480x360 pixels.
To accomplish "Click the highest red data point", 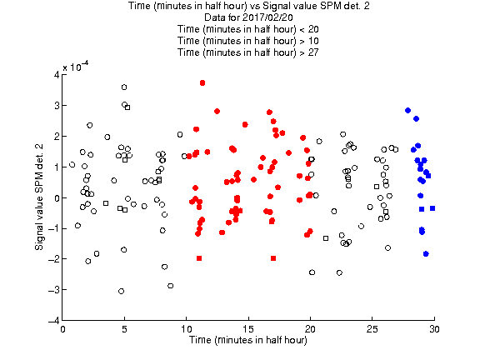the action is pyautogui.click(x=202, y=83).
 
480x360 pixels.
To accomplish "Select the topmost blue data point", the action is pyautogui.click(x=407, y=111).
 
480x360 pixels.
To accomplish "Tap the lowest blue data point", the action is pyautogui.click(x=426, y=254).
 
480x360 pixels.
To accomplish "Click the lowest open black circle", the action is pyautogui.click(x=121, y=291).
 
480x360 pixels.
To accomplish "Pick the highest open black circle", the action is pyautogui.click(x=124, y=87).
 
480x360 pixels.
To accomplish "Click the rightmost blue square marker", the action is pyautogui.click(x=432, y=208).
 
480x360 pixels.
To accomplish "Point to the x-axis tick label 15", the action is pyautogui.click(x=248, y=329).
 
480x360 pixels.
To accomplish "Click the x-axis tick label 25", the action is pyautogui.click(x=372, y=329).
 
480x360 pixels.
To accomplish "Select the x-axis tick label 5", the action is pyautogui.click(x=124, y=329).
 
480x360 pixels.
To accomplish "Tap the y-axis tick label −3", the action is pyautogui.click(x=54, y=290).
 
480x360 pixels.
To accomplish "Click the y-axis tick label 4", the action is pyautogui.click(x=57, y=75).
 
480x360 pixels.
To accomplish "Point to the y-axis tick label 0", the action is pyautogui.click(x=57, y=197).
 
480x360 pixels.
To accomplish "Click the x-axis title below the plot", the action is pyautogui.click(x=248, y=340).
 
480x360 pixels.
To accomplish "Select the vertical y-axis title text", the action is pyautogui.click(x=39, y=197).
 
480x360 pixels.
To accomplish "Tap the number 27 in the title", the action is pyautogui.click(x=313, y=52).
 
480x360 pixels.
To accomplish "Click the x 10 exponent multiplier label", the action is pyautogui.click(x=76, y=67).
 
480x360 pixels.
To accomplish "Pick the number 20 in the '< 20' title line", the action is pyautogui.click(x=313, y=29).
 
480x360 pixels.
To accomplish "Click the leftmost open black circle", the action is pyautogui.click(x=72, y=165).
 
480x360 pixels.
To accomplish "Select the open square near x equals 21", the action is pyautogui.click(x=326, y=238).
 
